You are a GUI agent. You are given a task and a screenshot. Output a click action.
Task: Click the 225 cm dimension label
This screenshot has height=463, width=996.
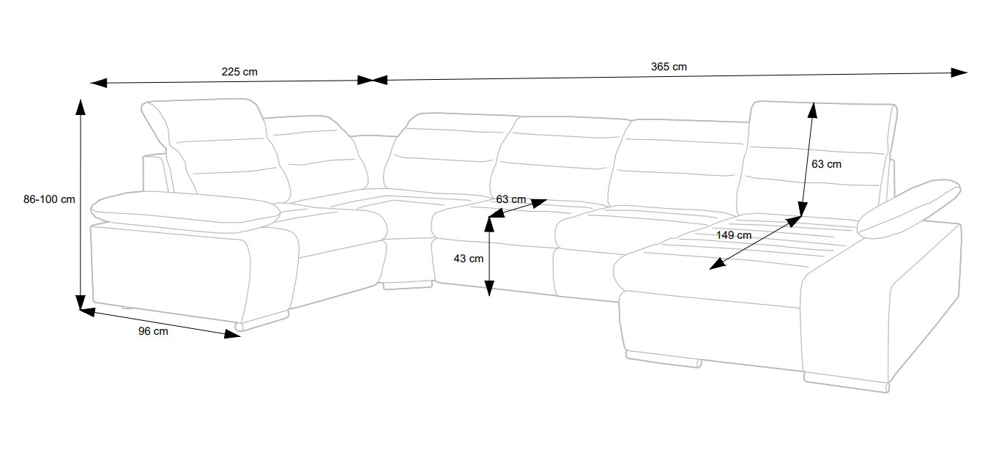pos(239,72)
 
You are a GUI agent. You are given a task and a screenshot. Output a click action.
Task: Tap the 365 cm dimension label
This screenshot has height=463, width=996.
pos(669,67)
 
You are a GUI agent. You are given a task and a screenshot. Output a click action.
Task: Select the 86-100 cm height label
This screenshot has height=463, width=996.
pos(49,199)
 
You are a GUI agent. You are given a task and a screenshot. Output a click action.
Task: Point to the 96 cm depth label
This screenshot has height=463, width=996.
pos(153,331)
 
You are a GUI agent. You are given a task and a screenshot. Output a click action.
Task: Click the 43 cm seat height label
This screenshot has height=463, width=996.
pos(468,259)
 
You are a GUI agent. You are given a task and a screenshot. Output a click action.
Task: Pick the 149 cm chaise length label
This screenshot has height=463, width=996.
pos(734,235)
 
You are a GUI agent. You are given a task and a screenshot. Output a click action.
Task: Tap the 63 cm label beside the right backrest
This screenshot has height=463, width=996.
pos(826,164)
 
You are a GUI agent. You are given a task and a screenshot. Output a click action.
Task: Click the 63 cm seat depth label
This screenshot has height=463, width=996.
pos(511,199)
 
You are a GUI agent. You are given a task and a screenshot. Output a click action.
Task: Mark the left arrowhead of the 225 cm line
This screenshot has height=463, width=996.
pos(98,83)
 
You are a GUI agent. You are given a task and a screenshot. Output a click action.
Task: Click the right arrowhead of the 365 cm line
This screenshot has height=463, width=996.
pos(959,73)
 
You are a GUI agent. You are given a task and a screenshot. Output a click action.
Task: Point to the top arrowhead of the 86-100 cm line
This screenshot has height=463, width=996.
pos(81,107)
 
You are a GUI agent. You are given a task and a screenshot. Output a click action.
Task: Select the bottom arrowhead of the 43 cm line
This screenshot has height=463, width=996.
pos(489,288)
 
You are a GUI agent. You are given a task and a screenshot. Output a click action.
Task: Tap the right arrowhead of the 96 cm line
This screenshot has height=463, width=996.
pos(232,333)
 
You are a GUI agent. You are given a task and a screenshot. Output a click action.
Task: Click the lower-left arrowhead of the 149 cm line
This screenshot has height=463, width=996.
pos(717,264)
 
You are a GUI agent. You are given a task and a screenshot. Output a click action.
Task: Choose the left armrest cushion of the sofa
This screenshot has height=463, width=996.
pos(185,212)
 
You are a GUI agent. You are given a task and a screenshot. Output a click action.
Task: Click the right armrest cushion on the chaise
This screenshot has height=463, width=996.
pos(909,208)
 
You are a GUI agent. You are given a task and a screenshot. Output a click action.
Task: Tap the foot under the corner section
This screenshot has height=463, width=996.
pos(408,285)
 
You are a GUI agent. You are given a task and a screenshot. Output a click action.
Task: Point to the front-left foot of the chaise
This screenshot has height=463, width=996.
pos(664,360)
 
